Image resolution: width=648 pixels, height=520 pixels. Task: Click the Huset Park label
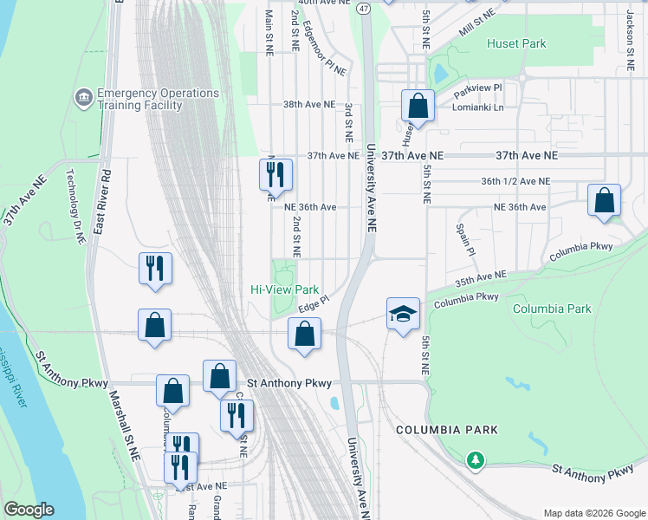tap(516, 43)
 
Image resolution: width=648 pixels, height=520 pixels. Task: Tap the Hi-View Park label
tap(285, 290)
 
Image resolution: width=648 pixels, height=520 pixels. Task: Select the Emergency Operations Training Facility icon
tap(84, 94)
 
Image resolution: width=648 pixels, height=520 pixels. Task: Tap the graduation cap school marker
tap(402, 313)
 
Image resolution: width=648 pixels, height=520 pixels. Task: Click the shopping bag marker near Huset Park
tap(418, 107)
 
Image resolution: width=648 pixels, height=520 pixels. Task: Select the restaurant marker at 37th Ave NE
tap(275, 174)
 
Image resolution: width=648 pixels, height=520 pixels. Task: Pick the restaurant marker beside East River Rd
tap(155, 268)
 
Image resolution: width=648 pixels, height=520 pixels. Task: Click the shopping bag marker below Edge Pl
tap(304, 334)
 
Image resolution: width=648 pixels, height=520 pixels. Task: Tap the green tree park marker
tap(475, 458)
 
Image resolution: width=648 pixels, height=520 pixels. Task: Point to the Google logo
tap(29, 510)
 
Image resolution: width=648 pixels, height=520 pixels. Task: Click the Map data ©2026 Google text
tap(593, 512)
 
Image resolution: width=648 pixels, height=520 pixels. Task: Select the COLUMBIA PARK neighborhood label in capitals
tap(446, 430)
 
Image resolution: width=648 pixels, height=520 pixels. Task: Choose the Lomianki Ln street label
tap(477, 107)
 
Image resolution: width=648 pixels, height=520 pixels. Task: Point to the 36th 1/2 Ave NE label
tap(515, 181)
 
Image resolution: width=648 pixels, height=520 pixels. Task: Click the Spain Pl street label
tap(461, 238)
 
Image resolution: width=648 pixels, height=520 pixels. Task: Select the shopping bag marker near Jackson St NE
tap(604, 200)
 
